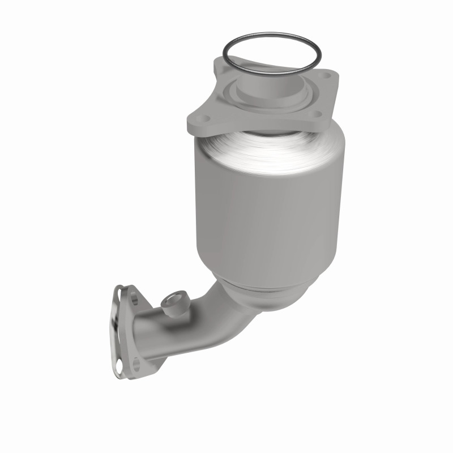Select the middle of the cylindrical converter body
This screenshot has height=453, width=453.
[x=269, y=215]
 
